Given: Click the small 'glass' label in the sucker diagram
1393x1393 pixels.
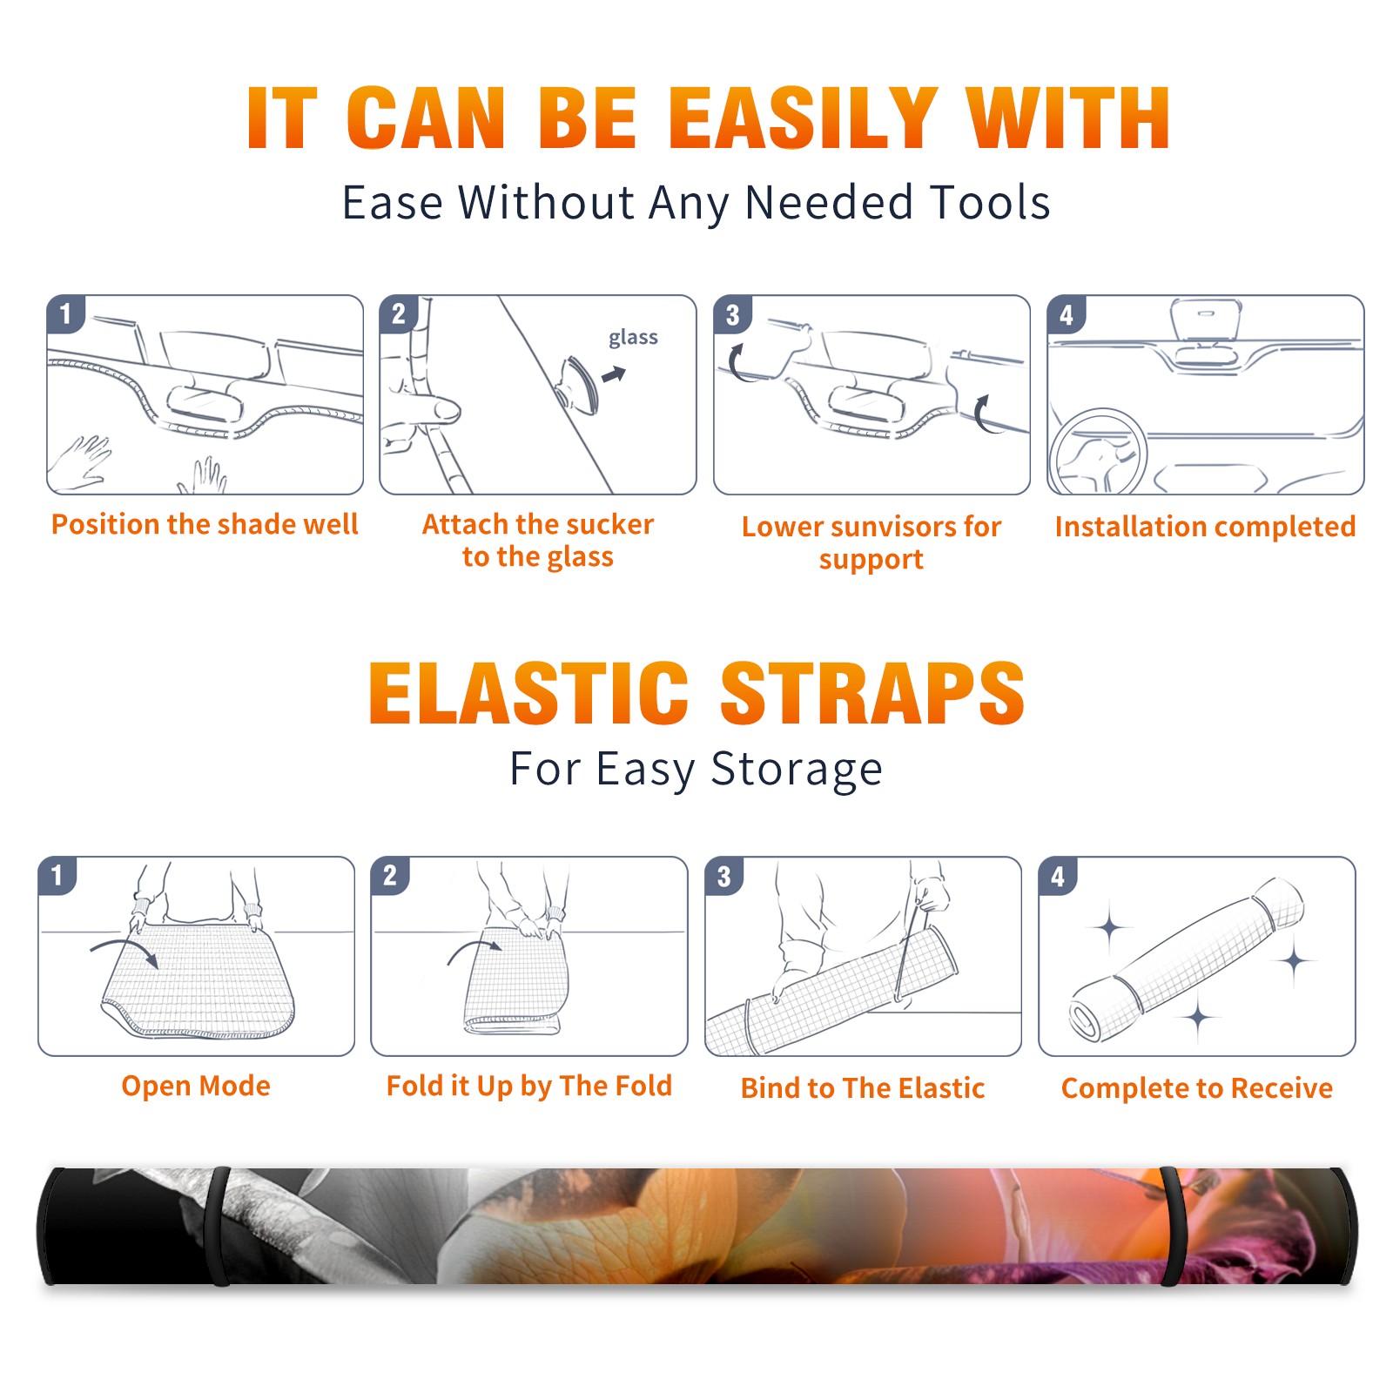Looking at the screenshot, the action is coord(633,338).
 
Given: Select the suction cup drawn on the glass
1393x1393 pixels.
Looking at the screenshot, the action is coord(578,384).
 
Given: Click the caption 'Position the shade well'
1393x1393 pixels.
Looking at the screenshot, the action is coord(205,524).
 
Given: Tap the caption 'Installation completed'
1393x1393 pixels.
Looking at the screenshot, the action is coord(1205,527).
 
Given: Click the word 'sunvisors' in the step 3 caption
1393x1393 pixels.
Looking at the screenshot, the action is coord(894,527).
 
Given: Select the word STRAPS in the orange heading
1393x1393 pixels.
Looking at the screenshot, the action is coord(872,693).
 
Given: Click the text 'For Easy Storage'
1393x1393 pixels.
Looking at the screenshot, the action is coord(696,769).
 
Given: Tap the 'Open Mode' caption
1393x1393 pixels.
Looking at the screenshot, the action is coord(196,1086).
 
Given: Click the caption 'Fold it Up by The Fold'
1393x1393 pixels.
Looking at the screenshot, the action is coord(529,1086).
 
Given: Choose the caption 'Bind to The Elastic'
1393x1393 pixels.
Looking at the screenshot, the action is coord(863,1088).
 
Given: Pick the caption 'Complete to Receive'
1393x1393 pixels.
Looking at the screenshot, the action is coord(1197,1088).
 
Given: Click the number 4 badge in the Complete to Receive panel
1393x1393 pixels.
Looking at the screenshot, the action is coord(1058,876).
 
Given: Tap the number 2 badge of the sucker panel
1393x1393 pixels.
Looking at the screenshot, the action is coord(399,314).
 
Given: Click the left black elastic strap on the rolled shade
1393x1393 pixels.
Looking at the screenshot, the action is coord(219,1227).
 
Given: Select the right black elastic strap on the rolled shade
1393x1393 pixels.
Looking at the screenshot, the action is coord(1172,1227).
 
